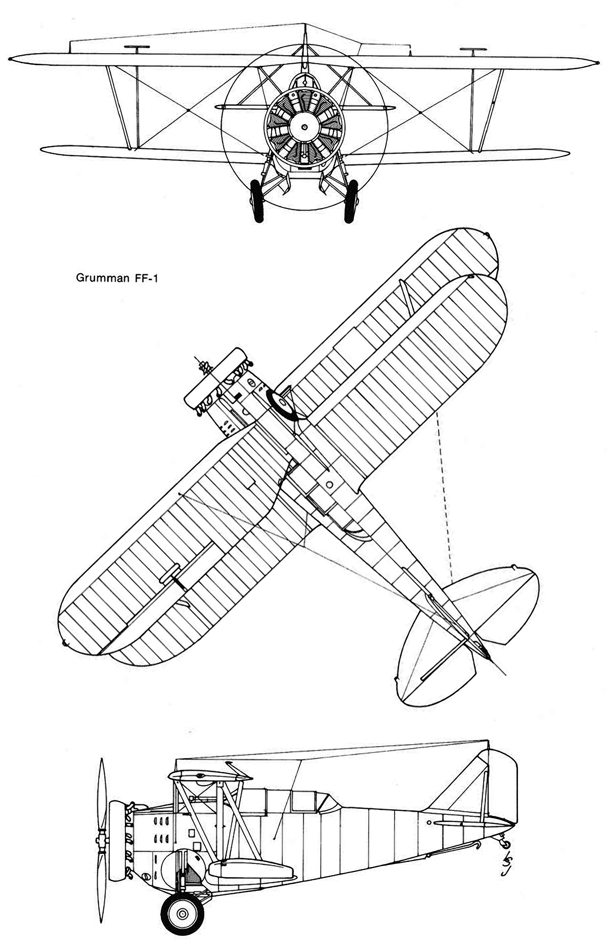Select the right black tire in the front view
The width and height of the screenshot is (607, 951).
coord(350,200)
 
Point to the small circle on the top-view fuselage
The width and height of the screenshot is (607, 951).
coord(330,485)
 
